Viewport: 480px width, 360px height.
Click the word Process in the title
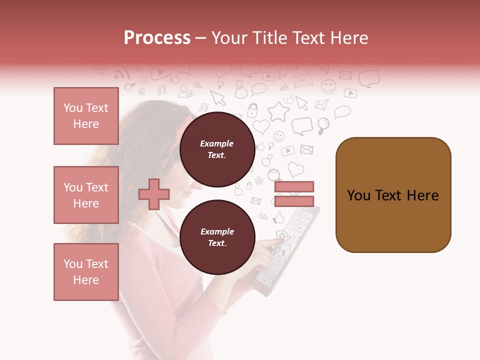click(x=157, y=38)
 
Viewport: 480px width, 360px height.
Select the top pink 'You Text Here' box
click(x=86, y=116)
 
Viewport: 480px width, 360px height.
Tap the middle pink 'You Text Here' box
click(x=86, y=195)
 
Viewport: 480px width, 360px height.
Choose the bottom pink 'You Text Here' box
click(x=86, y=272)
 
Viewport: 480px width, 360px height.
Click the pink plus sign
click(x=153, y=194)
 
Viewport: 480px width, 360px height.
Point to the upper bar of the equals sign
click(x=294, y=186)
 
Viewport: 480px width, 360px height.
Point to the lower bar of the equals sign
click(x=294, y=201)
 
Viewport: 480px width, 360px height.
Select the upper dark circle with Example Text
click(x=217, y=149)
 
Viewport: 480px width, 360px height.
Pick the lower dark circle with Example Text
click(x=217, y=237)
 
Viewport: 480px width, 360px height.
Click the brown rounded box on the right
click(x=393, y=195)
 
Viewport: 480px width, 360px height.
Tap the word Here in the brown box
click(x=423, y=195)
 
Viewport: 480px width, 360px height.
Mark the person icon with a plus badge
click(x=185, y=91)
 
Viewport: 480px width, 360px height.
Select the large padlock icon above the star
click(x=253, y=110)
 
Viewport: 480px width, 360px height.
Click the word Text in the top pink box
click(x=97, y=108)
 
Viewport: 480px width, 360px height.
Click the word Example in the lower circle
click(x=217, y=231)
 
